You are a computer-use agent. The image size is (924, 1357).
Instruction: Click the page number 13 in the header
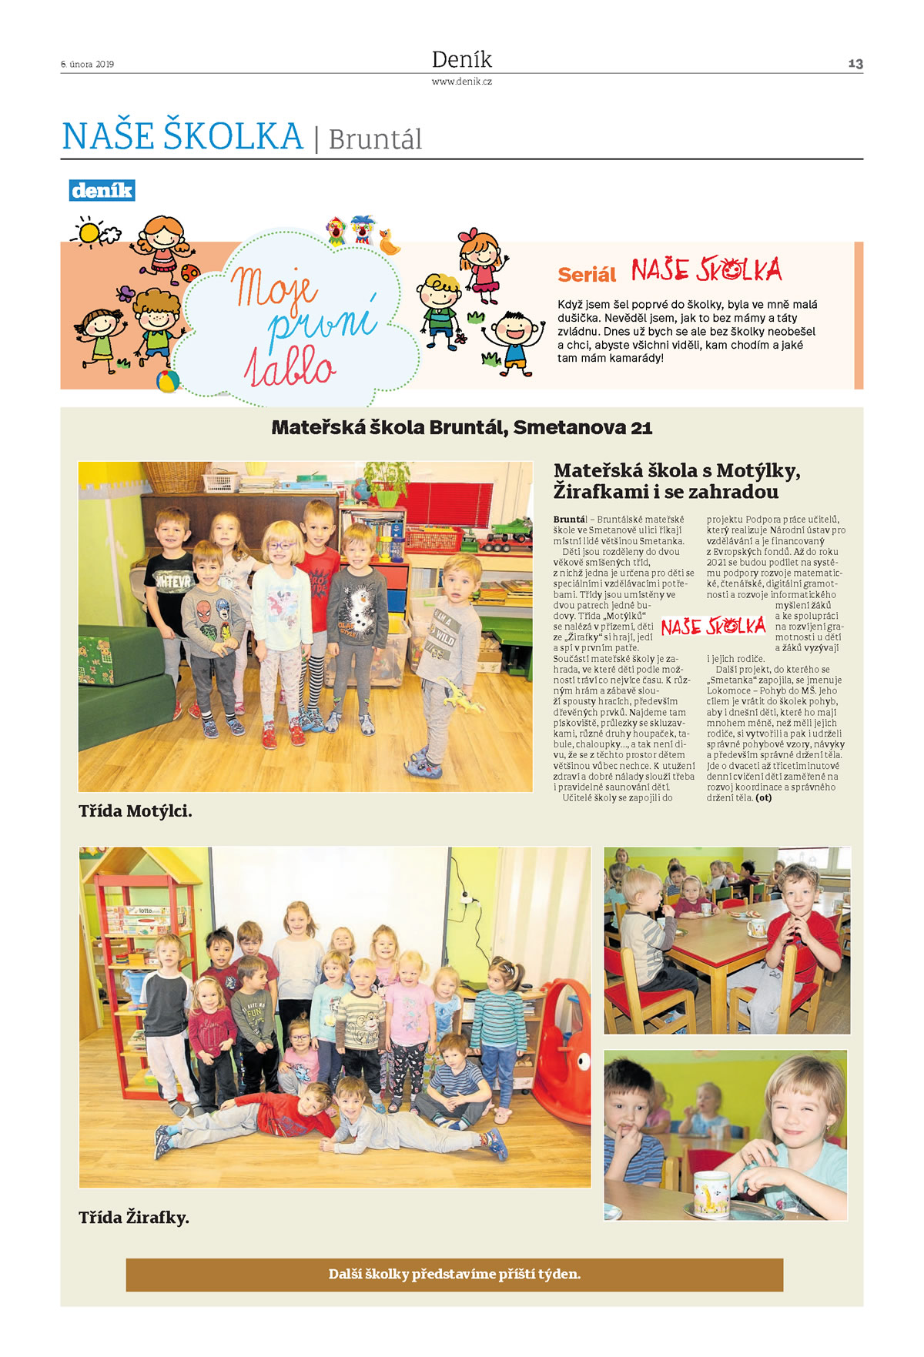855,64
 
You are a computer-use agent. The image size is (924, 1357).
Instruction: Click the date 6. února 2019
87,65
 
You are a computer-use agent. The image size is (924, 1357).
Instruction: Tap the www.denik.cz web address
461,82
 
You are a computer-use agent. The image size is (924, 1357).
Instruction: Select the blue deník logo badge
102,190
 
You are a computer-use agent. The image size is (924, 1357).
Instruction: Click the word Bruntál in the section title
375,140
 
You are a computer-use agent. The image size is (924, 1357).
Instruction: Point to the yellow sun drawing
89,232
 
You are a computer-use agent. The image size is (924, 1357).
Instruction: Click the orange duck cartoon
390,243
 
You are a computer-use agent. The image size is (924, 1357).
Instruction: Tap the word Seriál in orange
587,275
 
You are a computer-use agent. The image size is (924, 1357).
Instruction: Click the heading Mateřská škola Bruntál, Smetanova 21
461,428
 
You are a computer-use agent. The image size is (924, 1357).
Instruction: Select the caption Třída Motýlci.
136,811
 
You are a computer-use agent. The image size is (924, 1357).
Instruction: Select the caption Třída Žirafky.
134,1218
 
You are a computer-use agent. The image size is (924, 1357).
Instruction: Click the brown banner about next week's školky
454,1275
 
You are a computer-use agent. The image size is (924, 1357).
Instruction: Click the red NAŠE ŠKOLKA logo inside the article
713,626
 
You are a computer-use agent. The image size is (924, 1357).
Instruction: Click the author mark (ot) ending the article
763,798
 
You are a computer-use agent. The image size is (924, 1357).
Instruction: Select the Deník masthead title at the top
461,59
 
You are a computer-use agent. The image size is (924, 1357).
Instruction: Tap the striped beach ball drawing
167,381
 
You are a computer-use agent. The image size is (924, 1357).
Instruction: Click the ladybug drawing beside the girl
189,272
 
